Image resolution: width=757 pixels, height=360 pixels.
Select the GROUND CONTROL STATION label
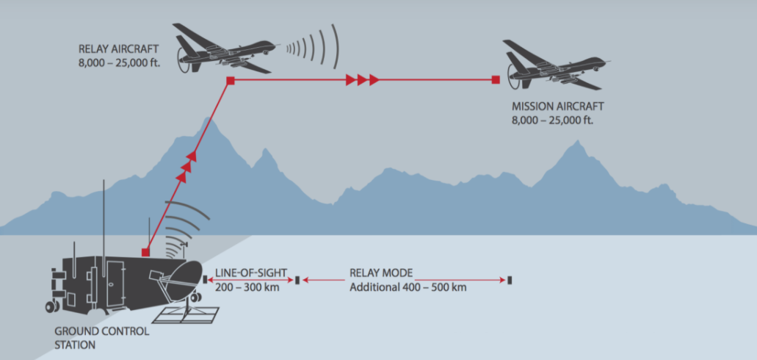click(101, 331)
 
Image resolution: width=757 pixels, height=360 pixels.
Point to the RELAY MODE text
click(381, 273)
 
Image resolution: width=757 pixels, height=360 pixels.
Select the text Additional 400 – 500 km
click(408, 287)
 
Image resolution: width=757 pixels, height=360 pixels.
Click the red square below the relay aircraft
click(230, 79)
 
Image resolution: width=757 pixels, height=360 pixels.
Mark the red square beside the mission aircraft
click(496, 79)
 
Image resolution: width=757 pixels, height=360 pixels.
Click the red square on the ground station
click(146, 252)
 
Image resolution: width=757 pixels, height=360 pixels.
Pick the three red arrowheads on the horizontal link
click(363, 79)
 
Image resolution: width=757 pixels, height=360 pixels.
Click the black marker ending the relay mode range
click(510, 280)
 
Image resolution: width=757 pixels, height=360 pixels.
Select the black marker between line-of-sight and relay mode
click(297, 280)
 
